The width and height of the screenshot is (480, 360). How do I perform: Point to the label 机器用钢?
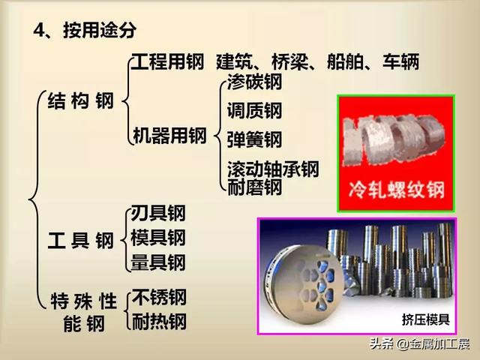(x=169, y=136)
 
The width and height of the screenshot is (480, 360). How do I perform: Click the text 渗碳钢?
(x=254, y=83)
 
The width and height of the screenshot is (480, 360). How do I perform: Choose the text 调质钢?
(x=254, y=111)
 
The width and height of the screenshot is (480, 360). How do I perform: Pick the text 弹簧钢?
(x=254, y=139)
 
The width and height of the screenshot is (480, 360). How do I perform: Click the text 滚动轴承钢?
(x=273, y=168)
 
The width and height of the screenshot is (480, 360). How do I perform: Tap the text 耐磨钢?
(x=254, y=187)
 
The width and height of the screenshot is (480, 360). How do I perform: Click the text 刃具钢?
(x=158, y=213)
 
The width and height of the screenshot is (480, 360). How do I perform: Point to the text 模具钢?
(x=158, y=238)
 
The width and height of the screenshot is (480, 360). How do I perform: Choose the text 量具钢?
(x=158, y=262)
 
